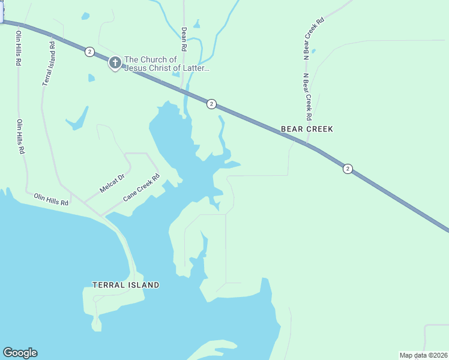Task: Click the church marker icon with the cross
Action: tap(115, 63)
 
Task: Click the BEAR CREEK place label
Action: tap(307, 129)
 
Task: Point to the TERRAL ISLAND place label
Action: tap(126, 285)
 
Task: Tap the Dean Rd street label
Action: tap(184, 38)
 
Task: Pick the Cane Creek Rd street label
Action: tap(142, 187)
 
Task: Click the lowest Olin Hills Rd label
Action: tap(51, 199)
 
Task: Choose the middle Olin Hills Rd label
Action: tap(20, 137)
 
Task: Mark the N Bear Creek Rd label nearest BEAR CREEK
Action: tap(307, 97)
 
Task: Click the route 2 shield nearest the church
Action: tap(89, 52)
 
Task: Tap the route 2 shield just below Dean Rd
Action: tap(211, 104)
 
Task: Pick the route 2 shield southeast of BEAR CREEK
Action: tap(348, 169)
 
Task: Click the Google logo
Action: tap(20, 353)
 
